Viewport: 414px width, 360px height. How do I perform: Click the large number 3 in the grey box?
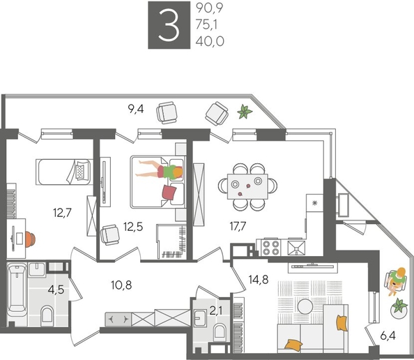point(167,26)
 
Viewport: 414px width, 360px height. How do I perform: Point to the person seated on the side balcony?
point(397,280)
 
